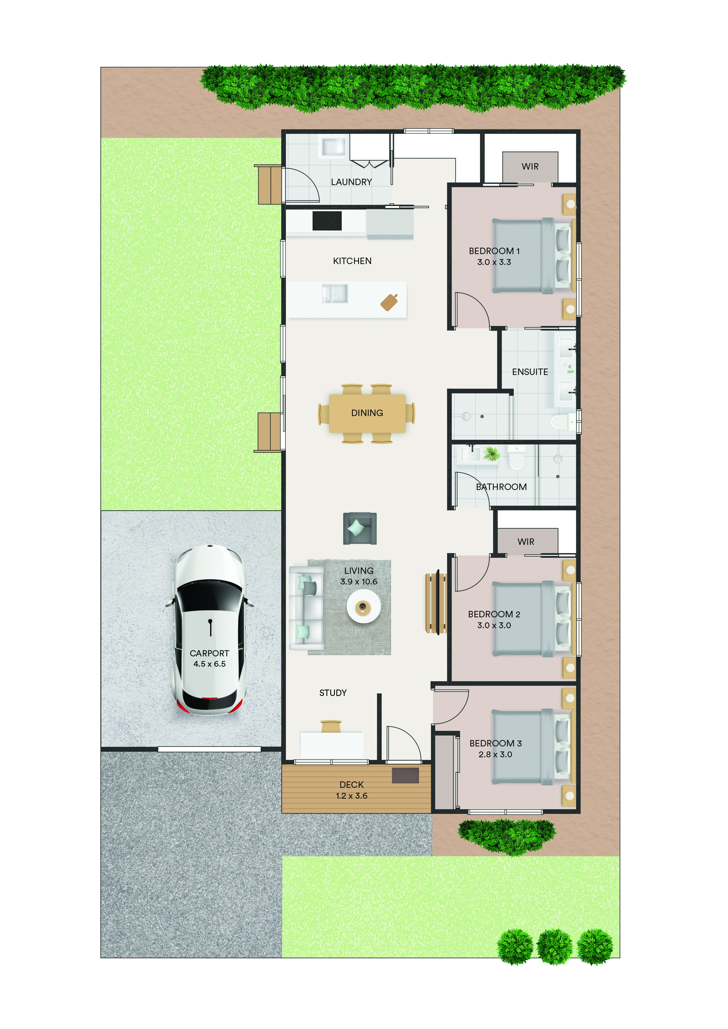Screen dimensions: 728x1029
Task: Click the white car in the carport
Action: [209, 629]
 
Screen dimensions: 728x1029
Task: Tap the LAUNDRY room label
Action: [351, 182]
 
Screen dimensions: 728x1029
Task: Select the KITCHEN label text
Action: [352, 261]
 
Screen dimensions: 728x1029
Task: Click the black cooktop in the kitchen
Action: [327, 221]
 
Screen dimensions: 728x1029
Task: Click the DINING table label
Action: [367, 413]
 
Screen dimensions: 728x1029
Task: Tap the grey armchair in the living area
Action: [360, 528]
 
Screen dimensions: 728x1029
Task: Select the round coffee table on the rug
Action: [363, 606]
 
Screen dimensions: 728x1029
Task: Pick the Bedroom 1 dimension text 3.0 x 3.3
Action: [494, 262]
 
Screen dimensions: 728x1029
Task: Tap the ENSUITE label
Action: [530, 372]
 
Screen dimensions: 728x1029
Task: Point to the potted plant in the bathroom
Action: [492, 454]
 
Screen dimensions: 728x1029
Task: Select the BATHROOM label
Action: [501, 487]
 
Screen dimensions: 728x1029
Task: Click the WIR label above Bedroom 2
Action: [526, 542]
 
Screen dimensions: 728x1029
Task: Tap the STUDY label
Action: [333, 693]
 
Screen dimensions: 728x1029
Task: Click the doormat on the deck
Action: [405, 775]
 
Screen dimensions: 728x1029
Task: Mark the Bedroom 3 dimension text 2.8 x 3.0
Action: [495, 754]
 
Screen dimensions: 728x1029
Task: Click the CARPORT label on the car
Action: [209, 653]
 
